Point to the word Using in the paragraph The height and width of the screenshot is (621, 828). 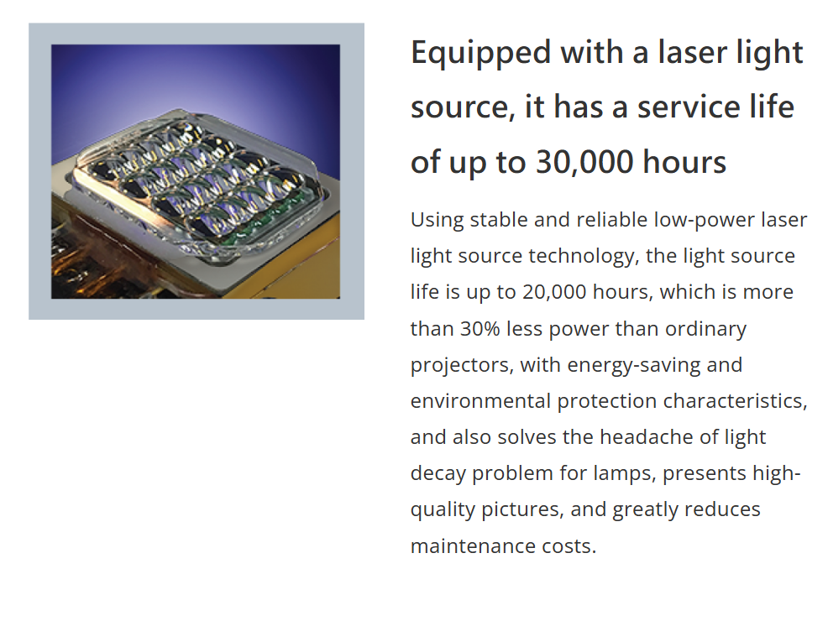437,221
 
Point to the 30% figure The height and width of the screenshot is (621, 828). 480,329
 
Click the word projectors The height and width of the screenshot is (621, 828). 460,366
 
